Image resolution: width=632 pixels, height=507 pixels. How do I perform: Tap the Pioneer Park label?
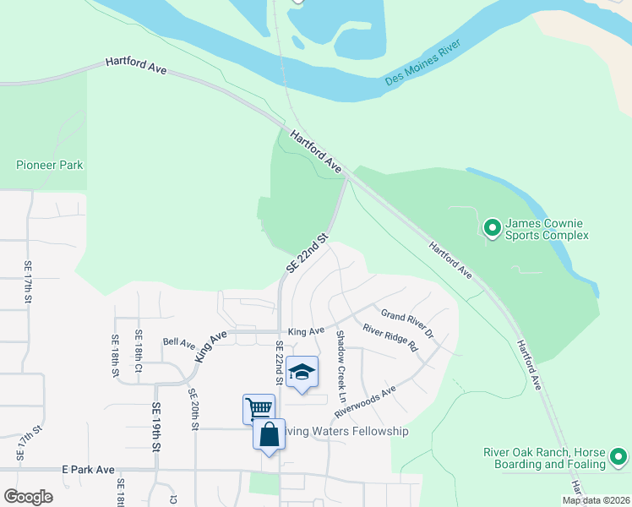point(50,165)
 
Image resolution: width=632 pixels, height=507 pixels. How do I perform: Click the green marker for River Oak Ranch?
point(618,458)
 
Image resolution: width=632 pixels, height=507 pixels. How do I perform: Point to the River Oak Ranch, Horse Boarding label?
point(545,458)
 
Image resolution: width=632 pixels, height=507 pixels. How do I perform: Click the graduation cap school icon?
point(302,373)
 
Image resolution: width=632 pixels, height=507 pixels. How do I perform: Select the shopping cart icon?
point(259,408)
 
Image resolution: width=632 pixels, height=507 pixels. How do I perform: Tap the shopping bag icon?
point(269,434)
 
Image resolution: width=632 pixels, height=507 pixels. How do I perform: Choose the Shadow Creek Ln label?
point(341,366)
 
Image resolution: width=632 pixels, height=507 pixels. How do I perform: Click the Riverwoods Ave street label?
point(365,402)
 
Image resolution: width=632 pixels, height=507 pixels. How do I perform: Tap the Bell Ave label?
point(179,344)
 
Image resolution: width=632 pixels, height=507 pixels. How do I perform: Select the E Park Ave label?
point(88,469)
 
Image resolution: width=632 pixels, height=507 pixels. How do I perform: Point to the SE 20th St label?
point(193,409)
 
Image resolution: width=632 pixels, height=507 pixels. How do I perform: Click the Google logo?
point(28,497)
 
